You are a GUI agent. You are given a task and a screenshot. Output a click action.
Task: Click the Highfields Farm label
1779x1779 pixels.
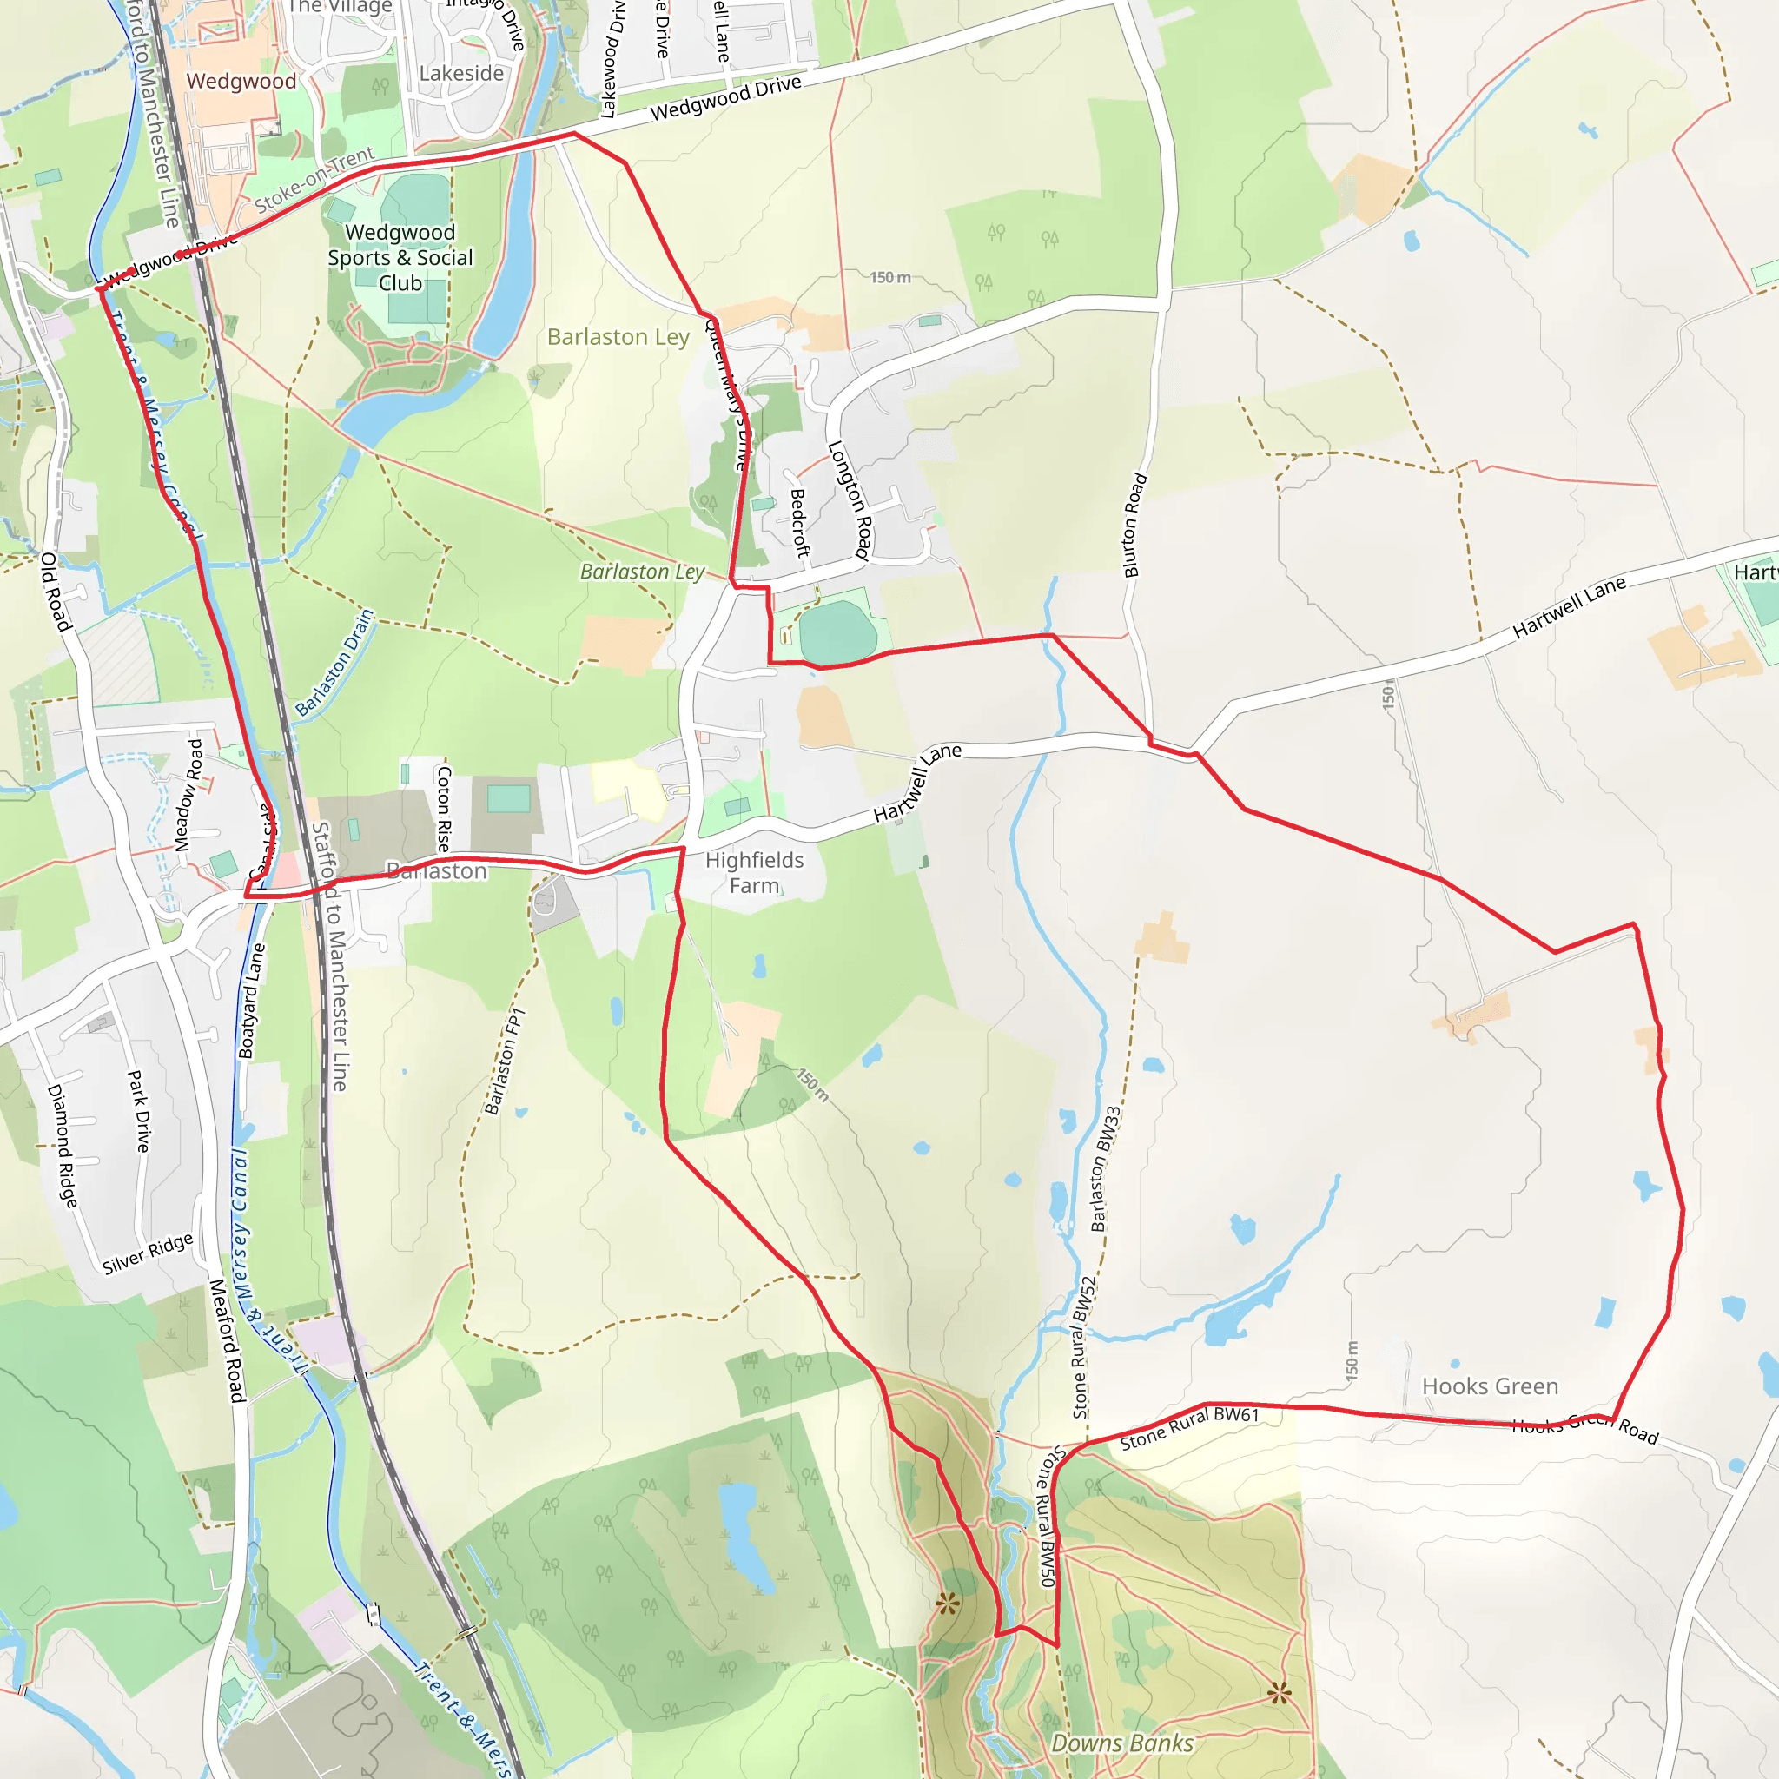(x=754, y=873)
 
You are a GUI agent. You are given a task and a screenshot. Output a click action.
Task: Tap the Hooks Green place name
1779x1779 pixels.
(x=1490, y=1386)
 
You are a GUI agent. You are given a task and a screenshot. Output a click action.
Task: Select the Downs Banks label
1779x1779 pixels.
(x=1122, y=1743)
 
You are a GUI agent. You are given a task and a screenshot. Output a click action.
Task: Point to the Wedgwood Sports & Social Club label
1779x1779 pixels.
(x=400, y=258)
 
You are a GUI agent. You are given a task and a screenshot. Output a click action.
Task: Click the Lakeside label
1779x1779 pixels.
(x=461, y=74)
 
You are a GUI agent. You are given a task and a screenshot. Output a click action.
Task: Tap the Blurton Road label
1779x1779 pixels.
(x=1134, y=525)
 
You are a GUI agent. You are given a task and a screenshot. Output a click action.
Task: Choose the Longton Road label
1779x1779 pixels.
(x=850, y=500)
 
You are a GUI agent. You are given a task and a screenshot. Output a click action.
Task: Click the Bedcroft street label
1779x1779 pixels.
(x=799, y=522)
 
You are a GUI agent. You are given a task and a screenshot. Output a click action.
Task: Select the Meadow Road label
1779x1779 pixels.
(x=188, y=795)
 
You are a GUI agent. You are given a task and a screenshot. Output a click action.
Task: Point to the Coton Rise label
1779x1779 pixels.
(x=444, y=809)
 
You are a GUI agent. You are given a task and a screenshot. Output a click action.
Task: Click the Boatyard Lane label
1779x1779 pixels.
(x=251, y=1001)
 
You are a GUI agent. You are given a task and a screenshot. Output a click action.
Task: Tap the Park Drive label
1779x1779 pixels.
(x=138, y=1110)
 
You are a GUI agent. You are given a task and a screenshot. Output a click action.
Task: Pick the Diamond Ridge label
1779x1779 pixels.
(x=63, y=1146)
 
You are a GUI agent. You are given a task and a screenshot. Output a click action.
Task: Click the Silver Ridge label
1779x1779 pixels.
(x=148, y=1253)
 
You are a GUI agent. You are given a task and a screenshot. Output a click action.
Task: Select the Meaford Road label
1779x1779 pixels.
(x=227, y=1340)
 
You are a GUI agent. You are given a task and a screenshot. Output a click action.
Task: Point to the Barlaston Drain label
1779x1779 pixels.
(x=334, y=662)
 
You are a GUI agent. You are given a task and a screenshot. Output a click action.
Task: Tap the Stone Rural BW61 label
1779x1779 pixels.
(x=1189, y=1428)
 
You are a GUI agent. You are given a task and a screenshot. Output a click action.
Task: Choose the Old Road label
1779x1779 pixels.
(x=56, y=592)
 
